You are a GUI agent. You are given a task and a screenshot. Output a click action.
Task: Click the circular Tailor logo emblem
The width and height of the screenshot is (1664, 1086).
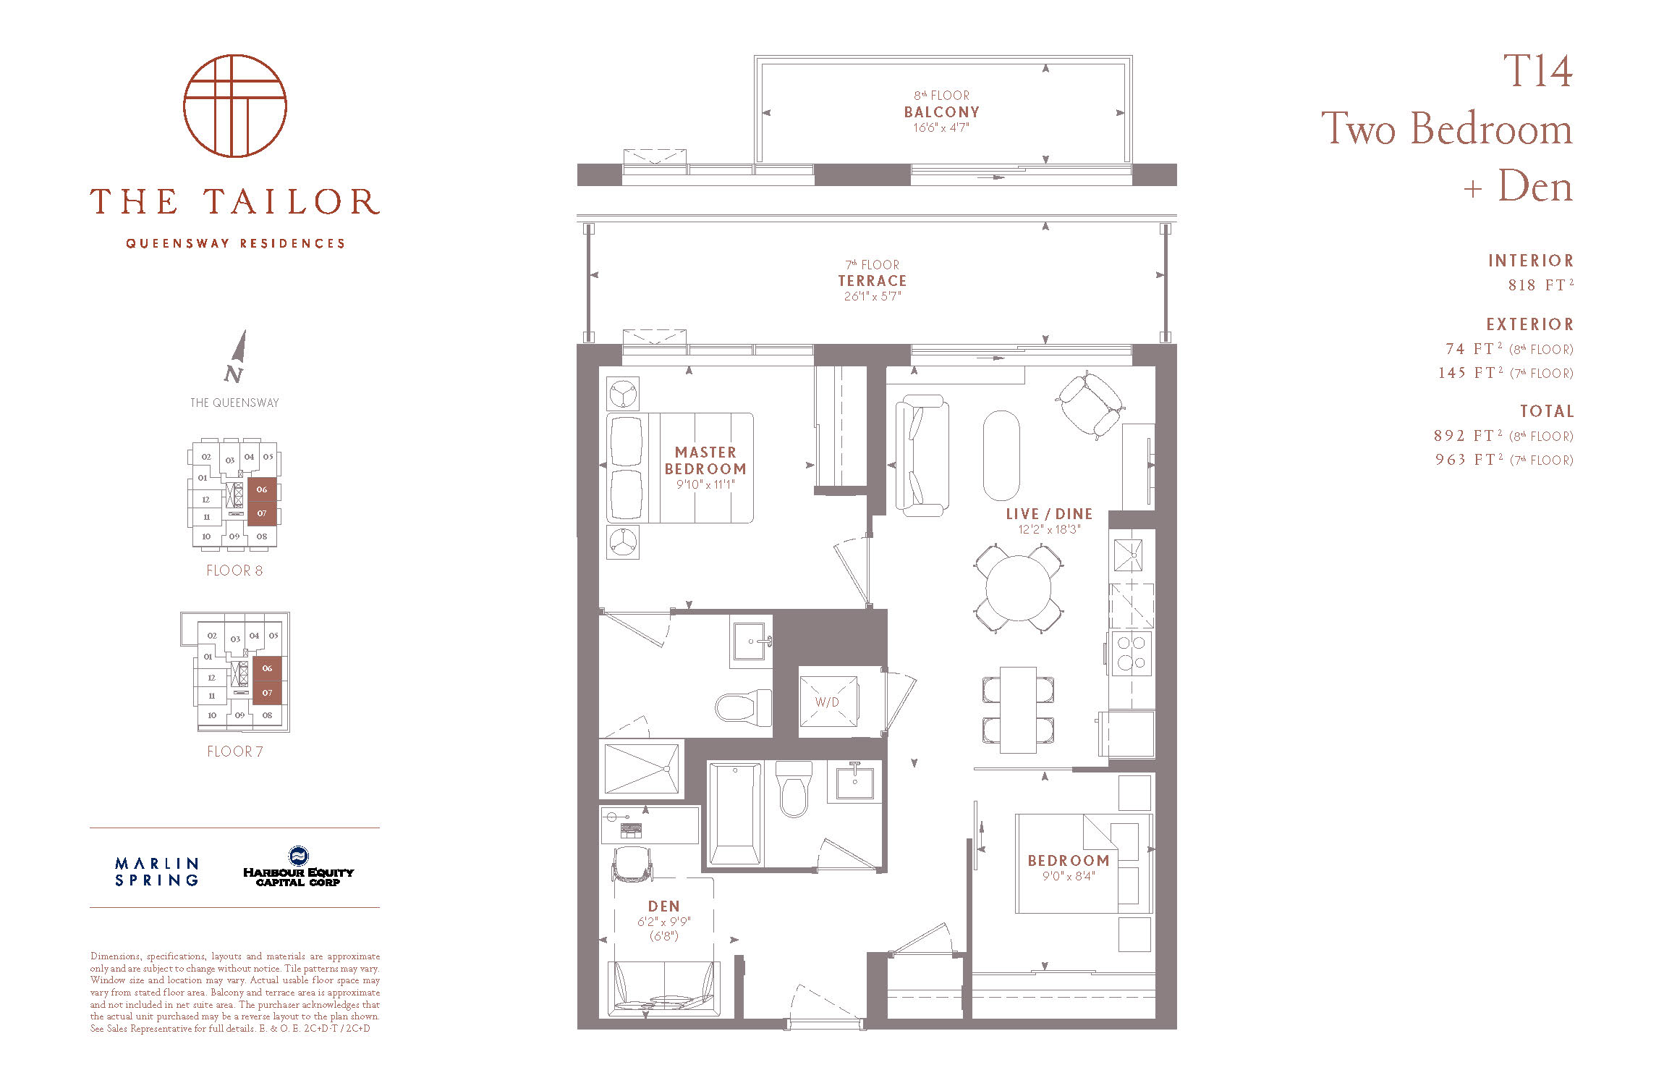(235, 106)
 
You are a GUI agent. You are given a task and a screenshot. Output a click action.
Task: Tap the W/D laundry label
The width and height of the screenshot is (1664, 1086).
(827, 702)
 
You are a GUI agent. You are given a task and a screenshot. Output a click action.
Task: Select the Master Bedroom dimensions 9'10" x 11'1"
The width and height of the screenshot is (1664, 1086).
(705, 484)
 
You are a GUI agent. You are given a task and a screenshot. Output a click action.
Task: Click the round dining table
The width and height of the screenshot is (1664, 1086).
(1019, 588)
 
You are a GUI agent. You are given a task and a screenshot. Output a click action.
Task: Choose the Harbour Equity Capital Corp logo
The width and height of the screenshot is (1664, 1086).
(298, 867)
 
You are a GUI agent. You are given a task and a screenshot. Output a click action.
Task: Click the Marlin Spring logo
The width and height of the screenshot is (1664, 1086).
(157, 872)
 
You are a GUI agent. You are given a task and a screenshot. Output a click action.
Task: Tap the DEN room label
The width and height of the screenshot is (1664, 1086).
(664, 906)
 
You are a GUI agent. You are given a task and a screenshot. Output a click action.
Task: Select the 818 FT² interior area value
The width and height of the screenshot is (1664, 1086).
(1540, 284)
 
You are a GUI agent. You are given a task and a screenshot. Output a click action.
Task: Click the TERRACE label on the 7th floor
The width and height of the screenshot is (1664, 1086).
(873, 281)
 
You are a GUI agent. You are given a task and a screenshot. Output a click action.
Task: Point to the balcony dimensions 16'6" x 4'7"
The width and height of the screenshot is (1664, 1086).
(941, 127)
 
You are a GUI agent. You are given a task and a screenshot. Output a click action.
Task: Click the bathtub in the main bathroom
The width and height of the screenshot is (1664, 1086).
(734, 814)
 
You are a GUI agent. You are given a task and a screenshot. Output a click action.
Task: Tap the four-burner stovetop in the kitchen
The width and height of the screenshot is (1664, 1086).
(1132, 652)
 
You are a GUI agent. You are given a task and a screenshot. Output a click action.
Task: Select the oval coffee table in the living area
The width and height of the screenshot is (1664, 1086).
(1001, 455)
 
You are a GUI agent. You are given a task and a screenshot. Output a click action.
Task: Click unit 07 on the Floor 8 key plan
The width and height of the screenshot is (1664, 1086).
(262, 513)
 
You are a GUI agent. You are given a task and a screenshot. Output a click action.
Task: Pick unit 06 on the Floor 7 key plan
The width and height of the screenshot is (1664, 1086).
(267, 668)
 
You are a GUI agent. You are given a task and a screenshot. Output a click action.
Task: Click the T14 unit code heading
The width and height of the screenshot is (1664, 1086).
(1537, 71)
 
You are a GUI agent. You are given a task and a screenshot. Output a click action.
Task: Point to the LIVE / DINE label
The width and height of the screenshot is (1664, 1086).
(1049, 514)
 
